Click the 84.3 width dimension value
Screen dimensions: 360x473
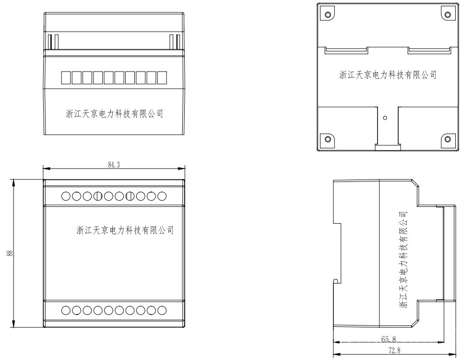point(113,165)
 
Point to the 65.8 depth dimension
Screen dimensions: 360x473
point(389,339)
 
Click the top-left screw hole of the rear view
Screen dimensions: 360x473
point(328,14)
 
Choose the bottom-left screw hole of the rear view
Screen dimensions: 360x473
point(328,139)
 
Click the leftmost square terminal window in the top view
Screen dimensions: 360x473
point(65,77)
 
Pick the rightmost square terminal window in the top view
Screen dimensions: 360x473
point(162,77)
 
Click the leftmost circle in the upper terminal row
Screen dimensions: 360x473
point(66,196)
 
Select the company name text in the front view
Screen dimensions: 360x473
point(125,230)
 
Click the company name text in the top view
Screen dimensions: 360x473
point(115,114)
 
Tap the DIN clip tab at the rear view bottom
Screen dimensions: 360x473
point(387,146)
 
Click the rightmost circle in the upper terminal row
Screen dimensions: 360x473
point(162,196)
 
